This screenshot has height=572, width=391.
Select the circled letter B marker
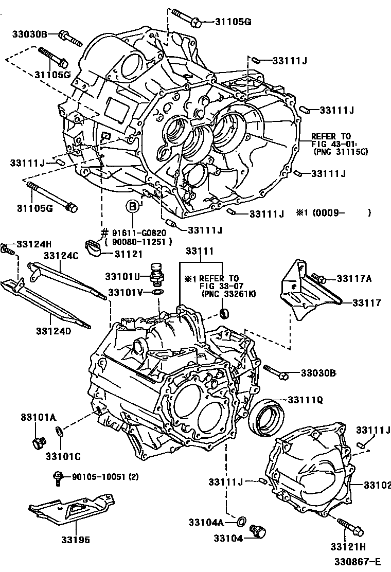click(133, 207)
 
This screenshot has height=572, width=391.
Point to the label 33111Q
click(305, 400)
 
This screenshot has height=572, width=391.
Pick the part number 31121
click(127, 253)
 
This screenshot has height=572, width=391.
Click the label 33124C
click(61, 256)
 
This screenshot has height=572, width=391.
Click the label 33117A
click(354, 279)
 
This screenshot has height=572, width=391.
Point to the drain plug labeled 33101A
click(38, 441)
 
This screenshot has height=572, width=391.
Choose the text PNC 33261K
click(229, 294)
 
